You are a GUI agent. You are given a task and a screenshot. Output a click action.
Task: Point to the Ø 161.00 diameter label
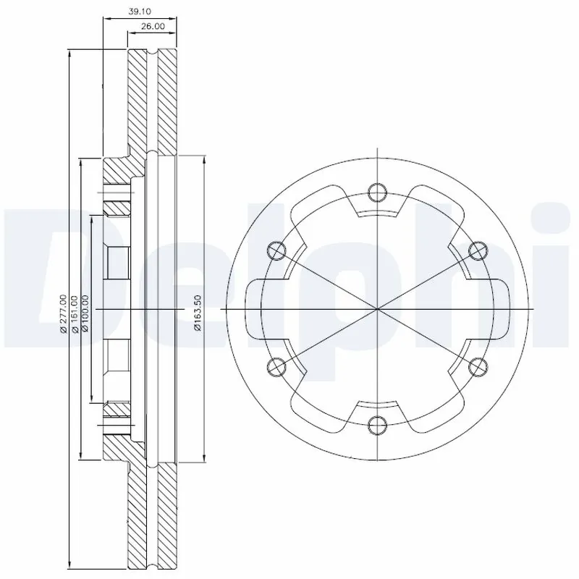click(x=75, y=313)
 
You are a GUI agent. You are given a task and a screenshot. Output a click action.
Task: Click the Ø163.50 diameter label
click(x=198, y=313)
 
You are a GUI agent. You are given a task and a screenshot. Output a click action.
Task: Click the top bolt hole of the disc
click(x=377, y=192)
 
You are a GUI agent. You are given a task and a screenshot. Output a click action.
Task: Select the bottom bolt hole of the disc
click(x=377, y=425)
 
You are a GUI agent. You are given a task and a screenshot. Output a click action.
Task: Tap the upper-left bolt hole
click(x=276, y=250)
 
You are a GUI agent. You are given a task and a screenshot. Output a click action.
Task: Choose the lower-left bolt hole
click(x=276, y=367)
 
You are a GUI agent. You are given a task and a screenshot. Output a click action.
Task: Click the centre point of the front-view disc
click(x=377, y=309)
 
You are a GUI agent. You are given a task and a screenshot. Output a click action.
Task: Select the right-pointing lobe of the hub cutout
click(x=499, y=309)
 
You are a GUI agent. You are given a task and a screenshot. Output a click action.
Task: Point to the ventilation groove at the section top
click(x=152, y=56)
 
